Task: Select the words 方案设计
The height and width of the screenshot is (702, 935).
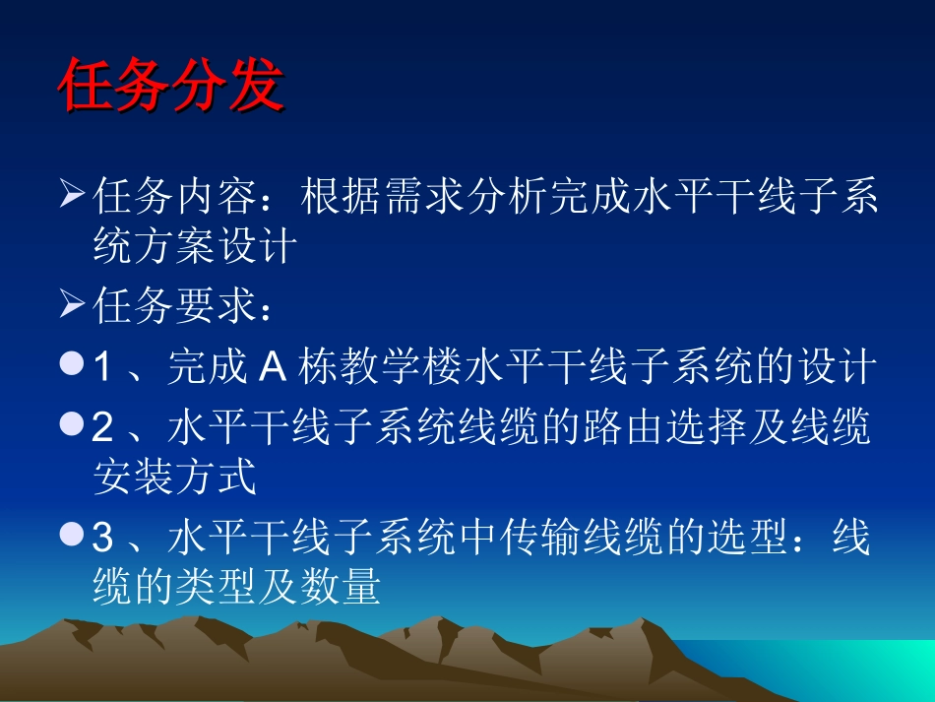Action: (x=223, y=246)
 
